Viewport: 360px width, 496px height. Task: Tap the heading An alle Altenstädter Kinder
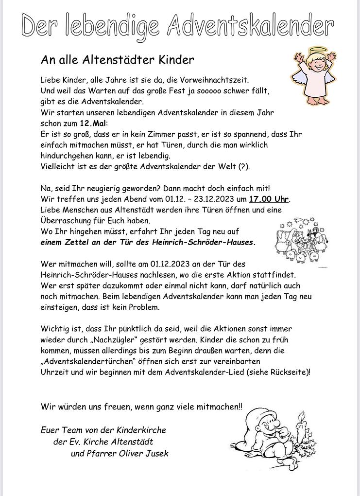[117, 60]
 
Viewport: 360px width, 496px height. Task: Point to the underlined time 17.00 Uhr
[269, 199]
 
